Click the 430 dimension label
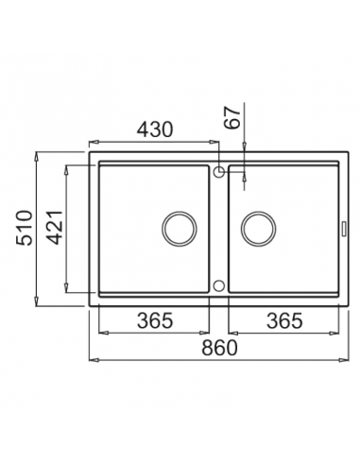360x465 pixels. pos(156,129)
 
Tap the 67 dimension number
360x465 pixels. pos(232,118)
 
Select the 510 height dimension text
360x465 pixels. pos(25,228)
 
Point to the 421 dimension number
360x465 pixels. pos(56,228)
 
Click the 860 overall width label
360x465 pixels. pos(219,348)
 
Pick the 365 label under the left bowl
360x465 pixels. pos(155,320)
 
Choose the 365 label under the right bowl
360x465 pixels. pos(284,320)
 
